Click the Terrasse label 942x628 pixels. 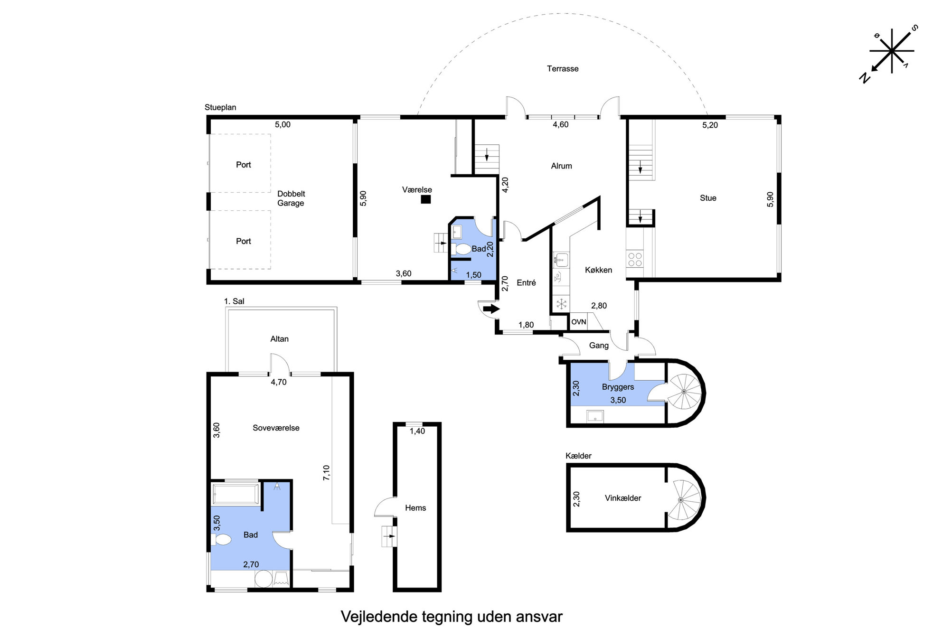pyautogui.click(x=563, y=69)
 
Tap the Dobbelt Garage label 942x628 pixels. pyautogui.click(x=291, y=198)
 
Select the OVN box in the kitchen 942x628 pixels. pyautogui.click(x=578, y=322)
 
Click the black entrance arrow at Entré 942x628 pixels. pyautogui.click(x=491, y=309)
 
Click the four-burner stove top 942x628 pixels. pyautogui.click(x=635, y=259)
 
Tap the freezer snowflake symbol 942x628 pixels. pyautogui.click(x=561, y=304)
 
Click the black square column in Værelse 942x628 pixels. pyautogui.click(x=426, y=199)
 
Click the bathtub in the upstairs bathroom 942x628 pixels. pyautogui.click(x=236, y=494)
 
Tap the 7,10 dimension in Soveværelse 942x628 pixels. pyautogui.click(x=326, y=473)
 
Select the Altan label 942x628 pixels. pyautogui.click(x=279, y=339)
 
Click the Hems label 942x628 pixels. pyautogui.click(x=415, y=508)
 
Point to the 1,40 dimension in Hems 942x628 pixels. pyautogui.click(x=417, y=431)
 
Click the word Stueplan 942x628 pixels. pyautogui.click(x=220, y=108)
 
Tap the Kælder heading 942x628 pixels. pyautogui.click(x=578, y=456)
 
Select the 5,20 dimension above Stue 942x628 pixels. pyautogui.click(x=710, y=125)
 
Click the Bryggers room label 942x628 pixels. pyautogui.click(x=618, y=387)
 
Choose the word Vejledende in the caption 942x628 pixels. pyautogui.click(x=379, y=617)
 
